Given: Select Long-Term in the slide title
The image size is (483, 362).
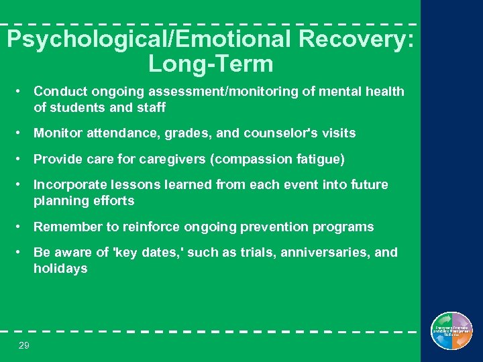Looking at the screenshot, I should click(x=211, y=64).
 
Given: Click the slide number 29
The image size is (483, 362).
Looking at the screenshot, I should click(x=24, y=345).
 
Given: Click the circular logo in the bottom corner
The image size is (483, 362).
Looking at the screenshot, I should click(x=451, y=331).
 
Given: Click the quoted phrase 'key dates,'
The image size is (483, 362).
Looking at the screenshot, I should click(x=139, y=253).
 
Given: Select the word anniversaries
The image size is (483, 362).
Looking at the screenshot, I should click(x=325, y=253).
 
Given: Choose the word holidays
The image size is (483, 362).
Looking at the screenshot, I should click(x=60, y=269).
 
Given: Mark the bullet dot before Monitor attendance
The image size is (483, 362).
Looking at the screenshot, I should click(x=22, y=133).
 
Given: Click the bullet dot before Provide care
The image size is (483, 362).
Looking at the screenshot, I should click(x=22, y=160).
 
